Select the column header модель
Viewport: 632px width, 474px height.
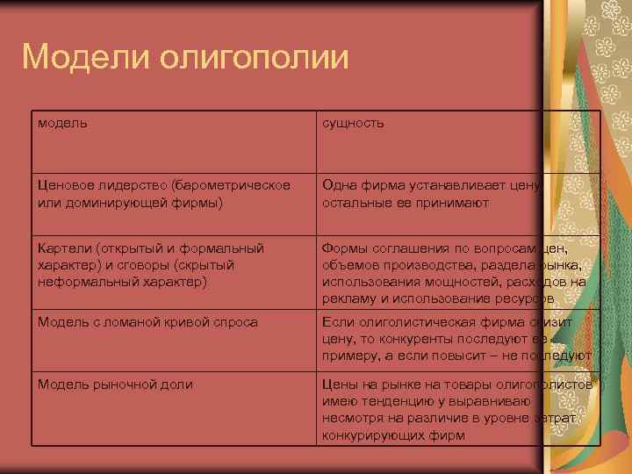[62, 123]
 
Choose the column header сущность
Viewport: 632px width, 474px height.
[353, 123]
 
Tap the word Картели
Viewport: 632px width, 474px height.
[63, 248]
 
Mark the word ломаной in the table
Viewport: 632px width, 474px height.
[131, 321]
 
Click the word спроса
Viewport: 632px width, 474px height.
[237, 321]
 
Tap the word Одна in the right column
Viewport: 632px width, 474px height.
[338, 185]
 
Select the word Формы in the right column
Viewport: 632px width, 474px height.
[343, 248]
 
